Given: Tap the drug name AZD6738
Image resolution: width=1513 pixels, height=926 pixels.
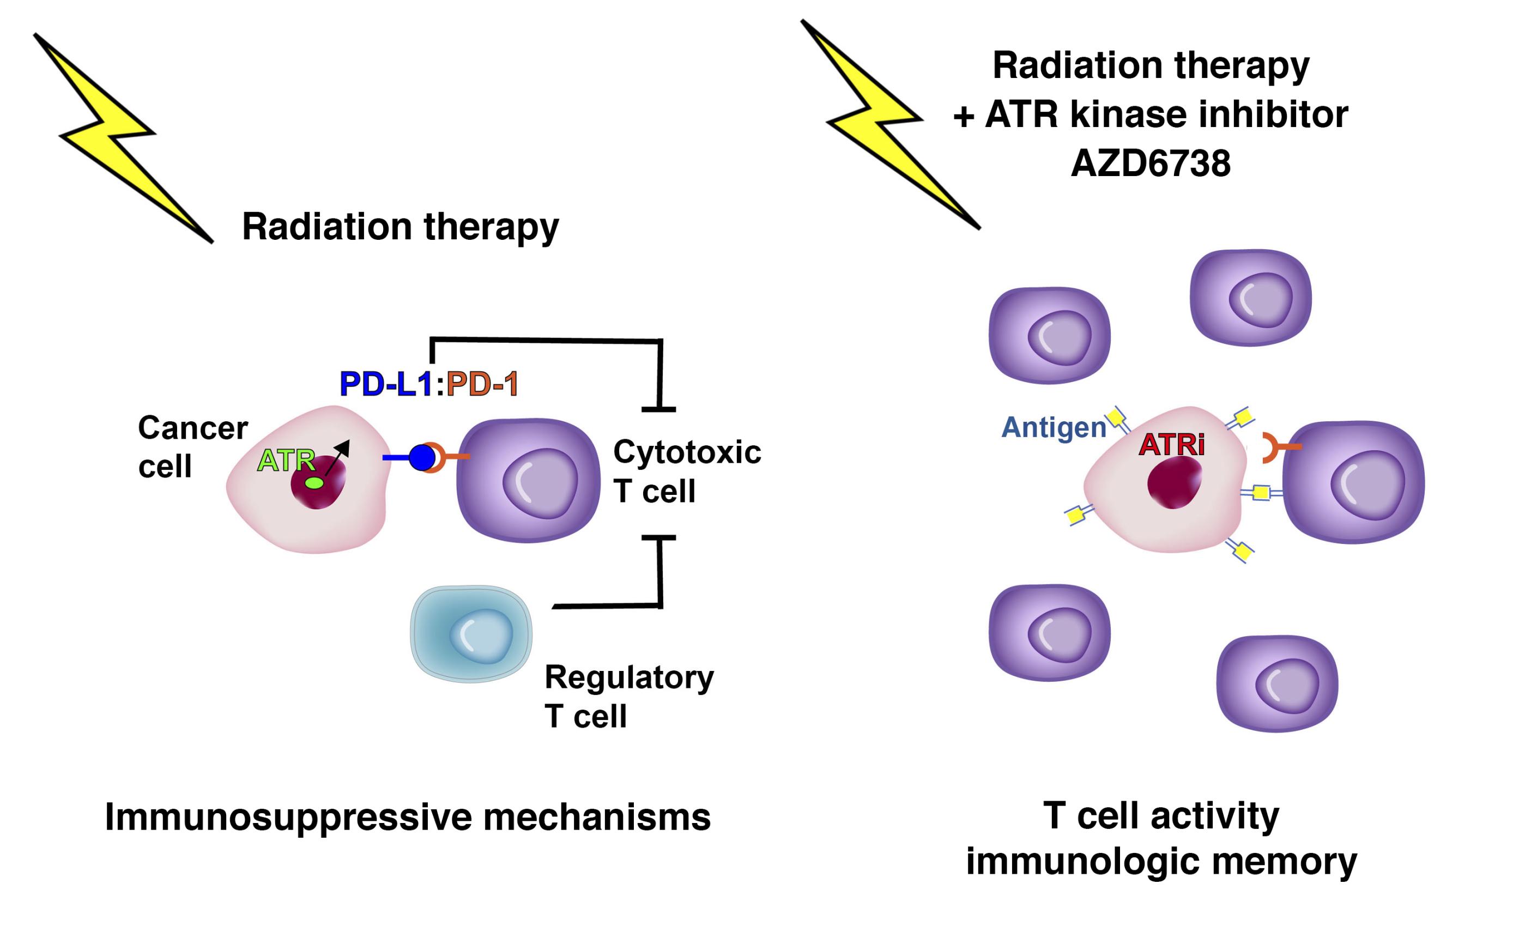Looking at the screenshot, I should pyautogui.click(x=1150, y=164).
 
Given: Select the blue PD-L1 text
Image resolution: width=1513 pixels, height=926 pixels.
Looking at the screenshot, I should pyautogui.click(x=386, y=384).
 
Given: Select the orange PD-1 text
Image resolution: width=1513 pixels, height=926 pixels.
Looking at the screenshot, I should pyautogui.click(x=482, y=384).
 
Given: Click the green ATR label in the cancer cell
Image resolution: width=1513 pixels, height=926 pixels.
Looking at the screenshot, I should pyautogui.click(x=285, y=461).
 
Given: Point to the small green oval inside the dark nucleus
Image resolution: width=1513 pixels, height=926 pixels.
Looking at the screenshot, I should pyautogui.click(x=314, y=483).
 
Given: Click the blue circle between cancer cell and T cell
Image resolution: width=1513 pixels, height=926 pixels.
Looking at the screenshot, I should pyautogui.click(x=422, y=457).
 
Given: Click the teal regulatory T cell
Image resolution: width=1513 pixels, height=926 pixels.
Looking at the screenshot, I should pyautogui.click(x=471, y=634).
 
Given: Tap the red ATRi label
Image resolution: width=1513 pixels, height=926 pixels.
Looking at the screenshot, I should pyautogui.click(x=1171, y=445).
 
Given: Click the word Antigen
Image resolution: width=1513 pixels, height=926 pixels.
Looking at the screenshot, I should pyautogui.click(x=1054, y=427).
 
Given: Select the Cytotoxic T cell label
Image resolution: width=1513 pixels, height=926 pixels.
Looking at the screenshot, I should pyautogui.click(x=687, y=471).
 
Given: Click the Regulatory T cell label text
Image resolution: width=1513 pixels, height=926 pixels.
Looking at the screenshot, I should pyautogui.click(x=629, y=697).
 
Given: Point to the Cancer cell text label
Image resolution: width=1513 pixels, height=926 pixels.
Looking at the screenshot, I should pyautogui.click(x=192, y=446).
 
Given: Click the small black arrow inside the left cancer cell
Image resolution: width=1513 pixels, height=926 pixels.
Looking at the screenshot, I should pyautogui.click(x=337, y=457).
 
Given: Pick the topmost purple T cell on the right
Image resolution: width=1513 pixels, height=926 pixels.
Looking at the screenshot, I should pyautogui.click(x=1250, y=297).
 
